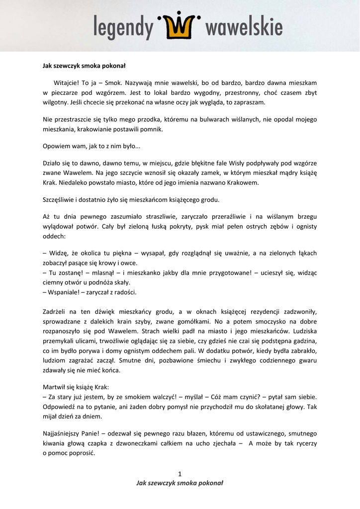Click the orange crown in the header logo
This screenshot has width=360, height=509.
pyautogui.click(x=180, y=26)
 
